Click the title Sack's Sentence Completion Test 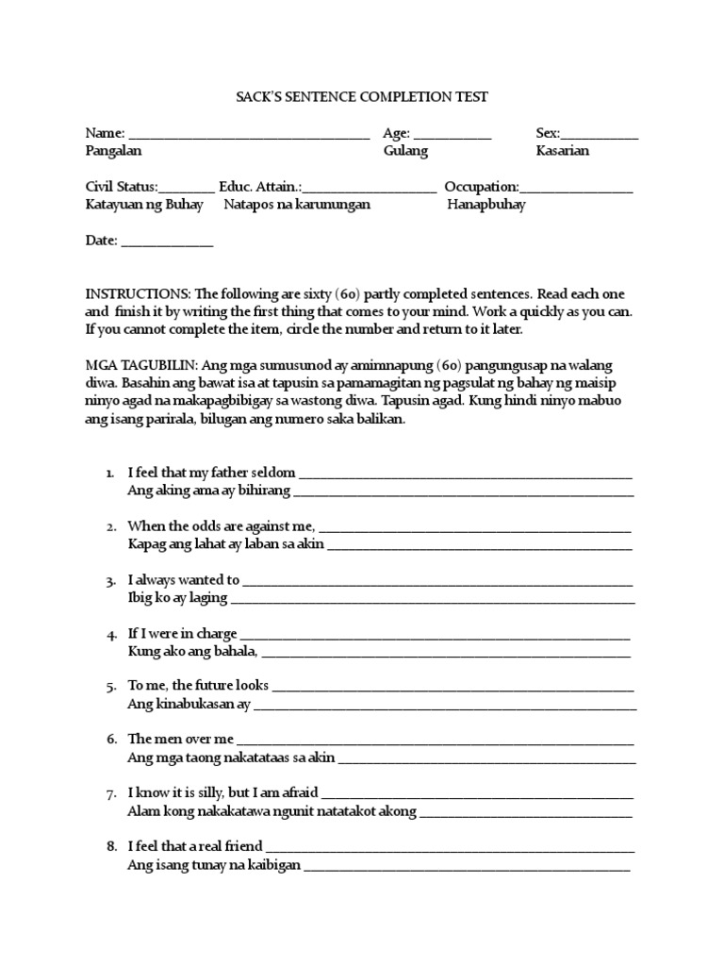[362, 96]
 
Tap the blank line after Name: [249, 138]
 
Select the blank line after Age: [452, 138]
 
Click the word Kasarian [563, 151]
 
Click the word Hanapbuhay [486, 205]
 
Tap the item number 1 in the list [110, 473]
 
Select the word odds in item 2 [198, 526]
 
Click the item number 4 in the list [110, 634]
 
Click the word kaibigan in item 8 [274, 865]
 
